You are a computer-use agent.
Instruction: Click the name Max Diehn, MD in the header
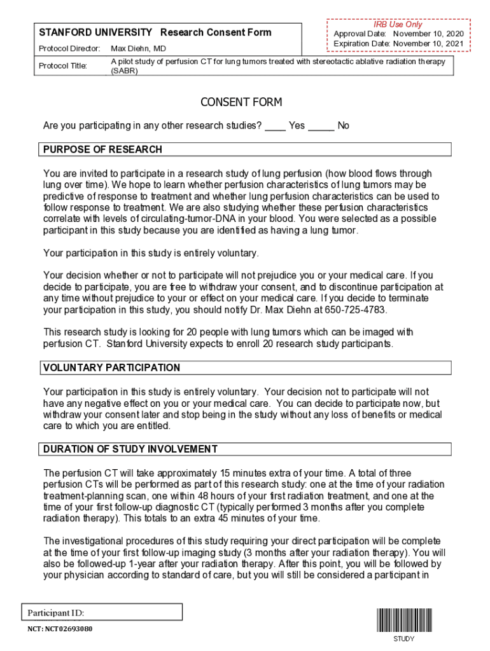[138, 49]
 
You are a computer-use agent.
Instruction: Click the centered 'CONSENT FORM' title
[241, 102]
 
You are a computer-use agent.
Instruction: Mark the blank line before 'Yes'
[275, 127]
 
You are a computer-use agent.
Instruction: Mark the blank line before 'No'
[321, 127]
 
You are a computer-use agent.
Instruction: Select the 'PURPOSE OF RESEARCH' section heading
[102, 149]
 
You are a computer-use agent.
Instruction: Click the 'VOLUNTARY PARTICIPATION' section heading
[111, 367]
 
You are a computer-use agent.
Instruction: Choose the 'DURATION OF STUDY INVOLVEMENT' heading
[130, 449]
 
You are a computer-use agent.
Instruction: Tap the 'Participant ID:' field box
[102, 612]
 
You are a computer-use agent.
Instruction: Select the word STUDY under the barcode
[403, 639]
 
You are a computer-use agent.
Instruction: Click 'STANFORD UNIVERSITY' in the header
[95, 32]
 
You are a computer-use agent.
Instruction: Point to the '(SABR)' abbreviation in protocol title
[124, 71]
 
